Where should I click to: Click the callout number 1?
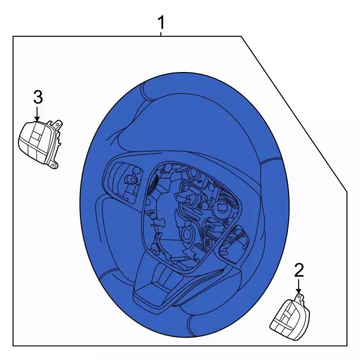coord(161,22)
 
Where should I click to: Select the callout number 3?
coord(38,97)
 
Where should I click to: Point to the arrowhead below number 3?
coord(37,118)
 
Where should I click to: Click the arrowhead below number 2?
coord(299,291)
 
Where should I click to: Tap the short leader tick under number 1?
coord(161,34)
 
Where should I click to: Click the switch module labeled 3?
coord(40,144)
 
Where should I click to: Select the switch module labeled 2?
coord(290,317)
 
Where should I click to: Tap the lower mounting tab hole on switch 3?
coord(53,165)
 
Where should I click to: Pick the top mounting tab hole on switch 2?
coord(299,297)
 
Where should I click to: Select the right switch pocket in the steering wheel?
coord(234,245)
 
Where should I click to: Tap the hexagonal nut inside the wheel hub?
coord(220,206)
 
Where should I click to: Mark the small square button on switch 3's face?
coord(36,136)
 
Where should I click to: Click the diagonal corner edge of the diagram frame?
coord(294,114)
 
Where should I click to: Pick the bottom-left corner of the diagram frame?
coord(13,346)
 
